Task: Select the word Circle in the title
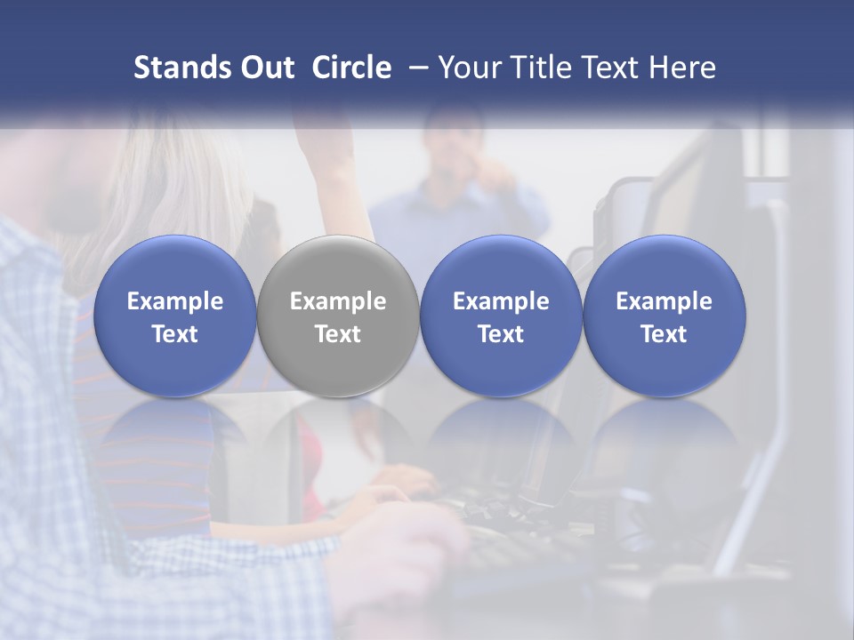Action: tap(351, 68)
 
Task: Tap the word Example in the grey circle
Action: tap(338, 301)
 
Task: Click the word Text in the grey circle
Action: tap(338, 334)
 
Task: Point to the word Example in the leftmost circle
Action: tap(174, 301)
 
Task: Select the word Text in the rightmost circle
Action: tap(665, 334)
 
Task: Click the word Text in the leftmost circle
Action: tap(174, 334)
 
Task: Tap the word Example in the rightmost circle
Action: tap(665, 301)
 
